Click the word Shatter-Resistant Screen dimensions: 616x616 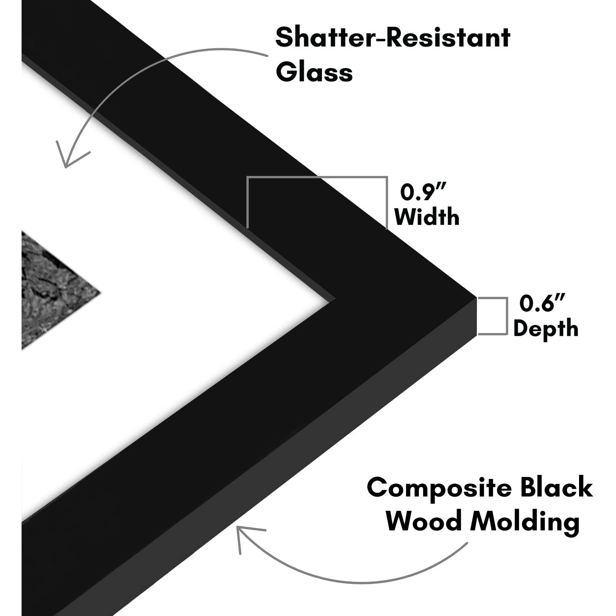(393, 37)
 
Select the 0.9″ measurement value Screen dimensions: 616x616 (423, 192)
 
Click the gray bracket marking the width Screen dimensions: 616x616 (317, 178)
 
